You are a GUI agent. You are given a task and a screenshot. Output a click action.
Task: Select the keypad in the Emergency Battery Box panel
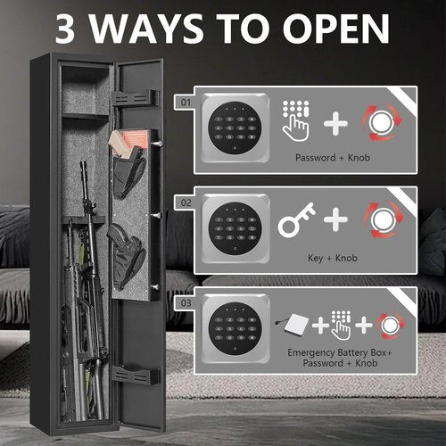(231, 323)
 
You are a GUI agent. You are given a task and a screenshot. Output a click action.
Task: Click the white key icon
(296, 220)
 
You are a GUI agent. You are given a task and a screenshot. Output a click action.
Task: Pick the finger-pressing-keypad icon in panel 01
(296, 120)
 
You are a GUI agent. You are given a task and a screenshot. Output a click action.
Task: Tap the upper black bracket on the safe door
(134, 96)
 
